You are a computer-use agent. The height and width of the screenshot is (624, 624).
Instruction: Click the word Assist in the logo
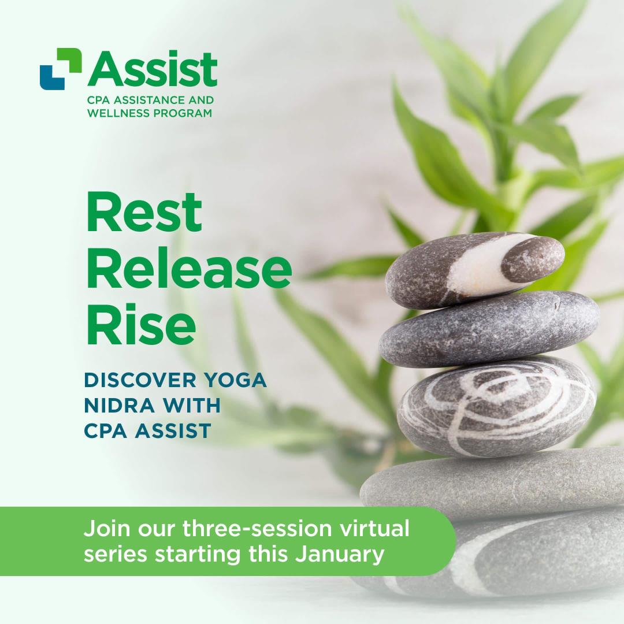(x=153, y=69)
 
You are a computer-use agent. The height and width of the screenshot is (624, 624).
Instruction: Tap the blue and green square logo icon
(x=60, y=69)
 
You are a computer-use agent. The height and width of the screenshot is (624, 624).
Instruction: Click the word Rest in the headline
(x=144, y=212)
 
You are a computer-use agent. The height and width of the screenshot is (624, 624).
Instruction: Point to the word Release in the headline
(x=189, y=269)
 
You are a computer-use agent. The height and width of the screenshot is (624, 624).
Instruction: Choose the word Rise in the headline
(x=141, y=325)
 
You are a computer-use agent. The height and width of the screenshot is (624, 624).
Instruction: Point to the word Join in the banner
(x=104, y=529)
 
